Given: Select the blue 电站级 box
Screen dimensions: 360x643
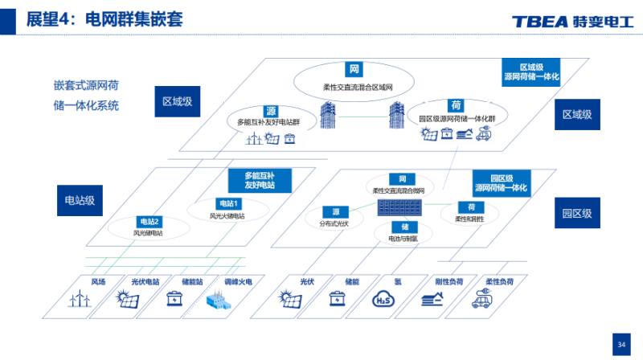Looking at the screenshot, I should [80, 200].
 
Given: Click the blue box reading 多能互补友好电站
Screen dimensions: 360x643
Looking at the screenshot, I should [259, 180].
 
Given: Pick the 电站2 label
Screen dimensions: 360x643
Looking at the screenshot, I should [150, 222].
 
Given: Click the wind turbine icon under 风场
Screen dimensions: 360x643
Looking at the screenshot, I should [80, 299].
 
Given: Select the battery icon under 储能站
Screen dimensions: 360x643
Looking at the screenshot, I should [174, 299].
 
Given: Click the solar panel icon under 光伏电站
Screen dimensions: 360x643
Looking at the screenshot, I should [128, 300].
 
